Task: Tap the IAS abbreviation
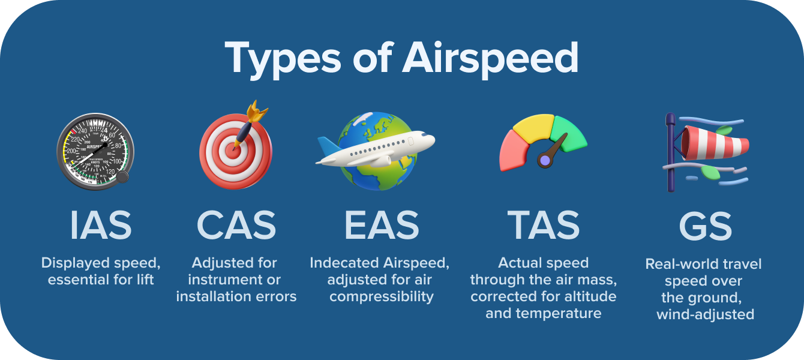(x=101, y=225)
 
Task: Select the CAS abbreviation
(x=236, y=225)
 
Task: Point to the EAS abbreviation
(x=382, y=225)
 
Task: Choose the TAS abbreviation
(x=544, y=225)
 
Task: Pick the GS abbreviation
(x=706, y=225)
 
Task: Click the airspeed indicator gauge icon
(x=95, y=151)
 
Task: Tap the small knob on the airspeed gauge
(x=122, y=177)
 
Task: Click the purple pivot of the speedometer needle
(x=544, y=160)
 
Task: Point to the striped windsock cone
(x=714, y=144)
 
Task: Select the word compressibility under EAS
(x=382, y=297)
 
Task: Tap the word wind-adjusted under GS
(x=706, y=314)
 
